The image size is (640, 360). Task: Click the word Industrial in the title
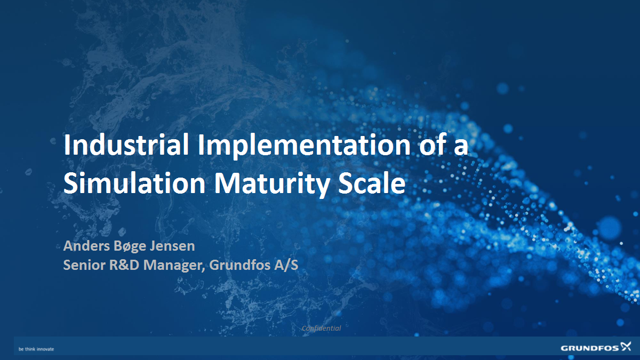(x=126, y=146)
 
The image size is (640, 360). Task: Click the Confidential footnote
(x=321, y=328)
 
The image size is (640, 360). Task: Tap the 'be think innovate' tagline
(x=36, y=349)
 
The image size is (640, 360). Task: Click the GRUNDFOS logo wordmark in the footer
(x=589, y=348)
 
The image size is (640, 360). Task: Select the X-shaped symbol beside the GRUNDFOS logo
(x=625, y=348)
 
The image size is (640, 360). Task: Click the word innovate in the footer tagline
(x=45, y=349)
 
